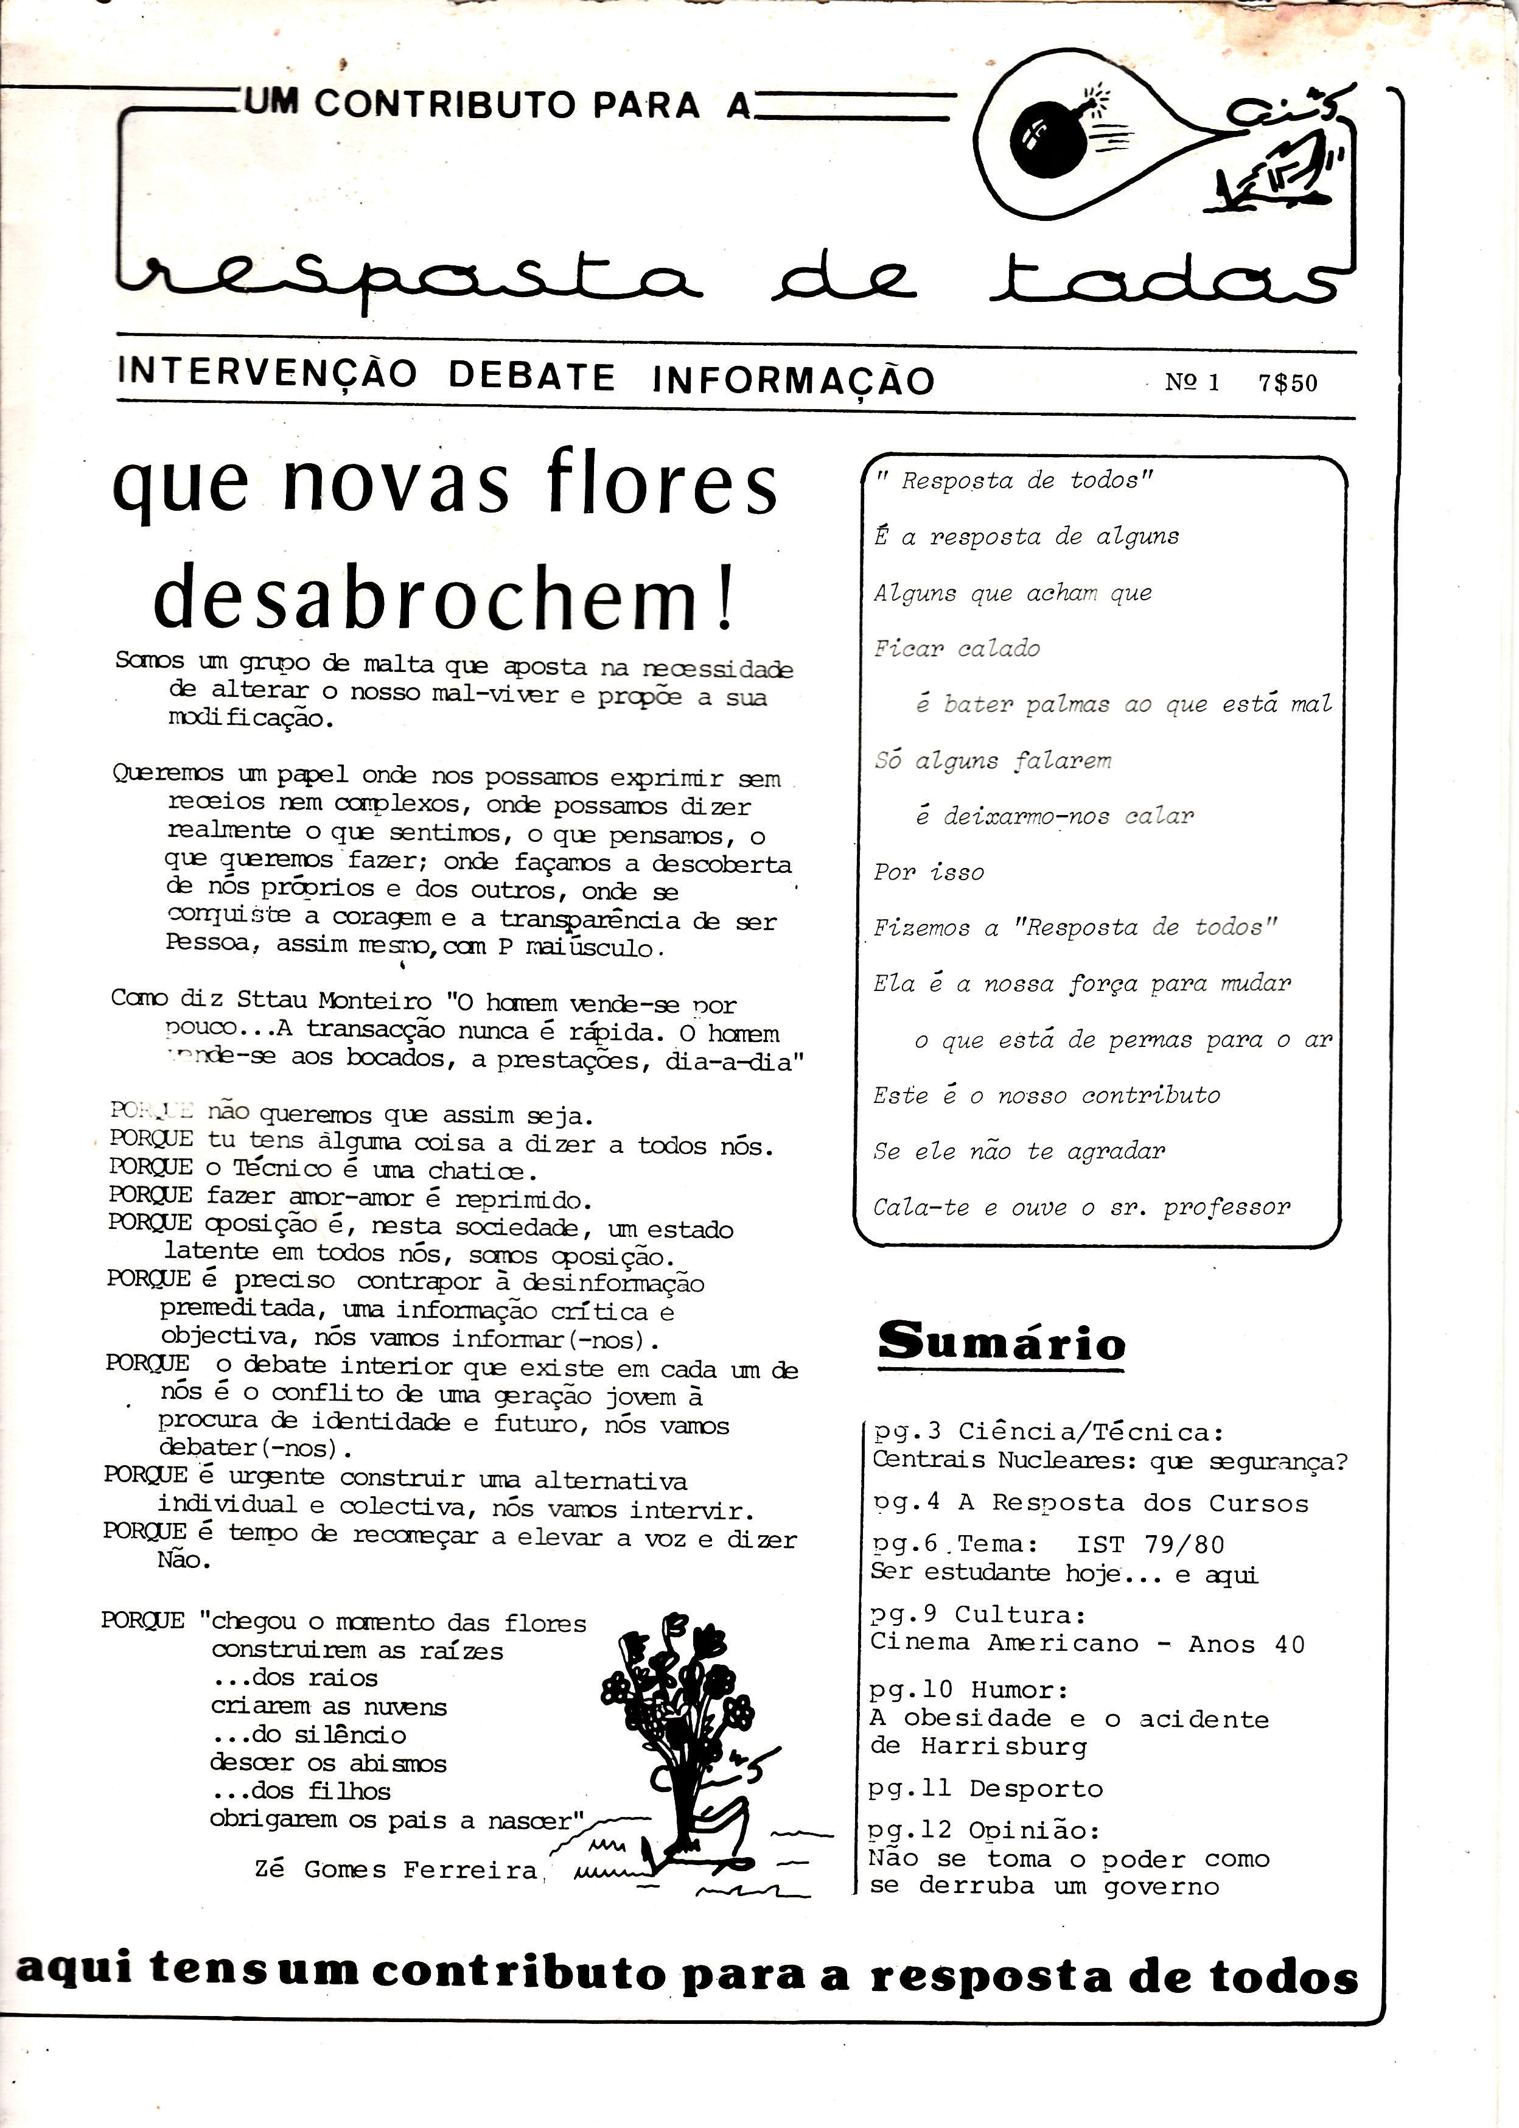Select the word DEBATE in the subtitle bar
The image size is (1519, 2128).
point(531,377)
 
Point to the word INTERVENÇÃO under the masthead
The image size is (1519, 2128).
point(268,373)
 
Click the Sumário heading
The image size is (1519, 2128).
point(1001,1342)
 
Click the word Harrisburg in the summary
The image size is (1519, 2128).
point(1004,1746)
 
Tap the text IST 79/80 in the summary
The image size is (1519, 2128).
point(1150,1544)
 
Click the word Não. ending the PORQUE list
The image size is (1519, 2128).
point(178,1560)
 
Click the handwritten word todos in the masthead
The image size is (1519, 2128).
point(1161,277)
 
